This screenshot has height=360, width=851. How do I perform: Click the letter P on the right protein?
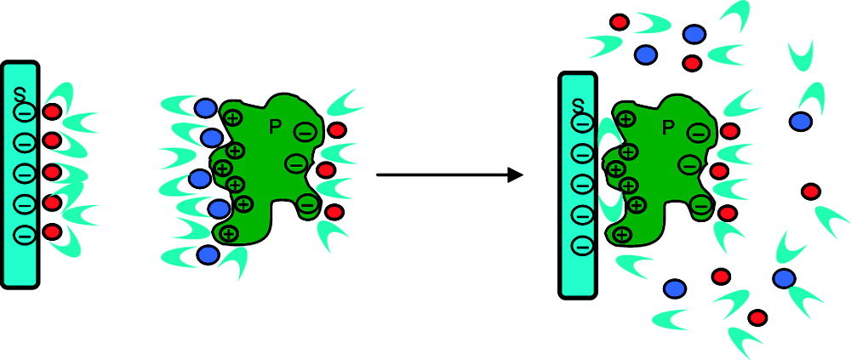[x=669, y=127]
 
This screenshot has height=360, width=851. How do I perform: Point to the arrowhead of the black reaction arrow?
[x=513, y=175]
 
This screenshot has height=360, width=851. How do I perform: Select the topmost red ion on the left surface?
[x=53, y=111]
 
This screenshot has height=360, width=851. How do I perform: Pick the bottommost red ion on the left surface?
[x=53, y=231]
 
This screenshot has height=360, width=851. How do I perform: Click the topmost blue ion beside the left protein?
[x=205, y=108]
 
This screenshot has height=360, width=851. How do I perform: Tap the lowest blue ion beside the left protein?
[x=207, y=254]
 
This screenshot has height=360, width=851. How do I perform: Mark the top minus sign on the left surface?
[x=25, y=111]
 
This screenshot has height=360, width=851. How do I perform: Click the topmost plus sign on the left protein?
[x=231, y=117]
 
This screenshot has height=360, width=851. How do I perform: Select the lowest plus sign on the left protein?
[x=228, y=233]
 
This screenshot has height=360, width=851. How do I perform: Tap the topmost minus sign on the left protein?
[x=304, y=131]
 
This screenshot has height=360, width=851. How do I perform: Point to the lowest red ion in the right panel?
[x=757, y=317]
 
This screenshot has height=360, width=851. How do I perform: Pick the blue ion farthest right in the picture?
[x=799, y=122]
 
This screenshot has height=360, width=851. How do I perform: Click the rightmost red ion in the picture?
[x=810, y=191]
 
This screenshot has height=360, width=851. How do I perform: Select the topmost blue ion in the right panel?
[x=694, y=34]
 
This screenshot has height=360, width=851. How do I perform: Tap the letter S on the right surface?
[x=579, y=106]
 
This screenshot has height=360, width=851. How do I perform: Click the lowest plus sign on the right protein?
[x=622, y=234]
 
